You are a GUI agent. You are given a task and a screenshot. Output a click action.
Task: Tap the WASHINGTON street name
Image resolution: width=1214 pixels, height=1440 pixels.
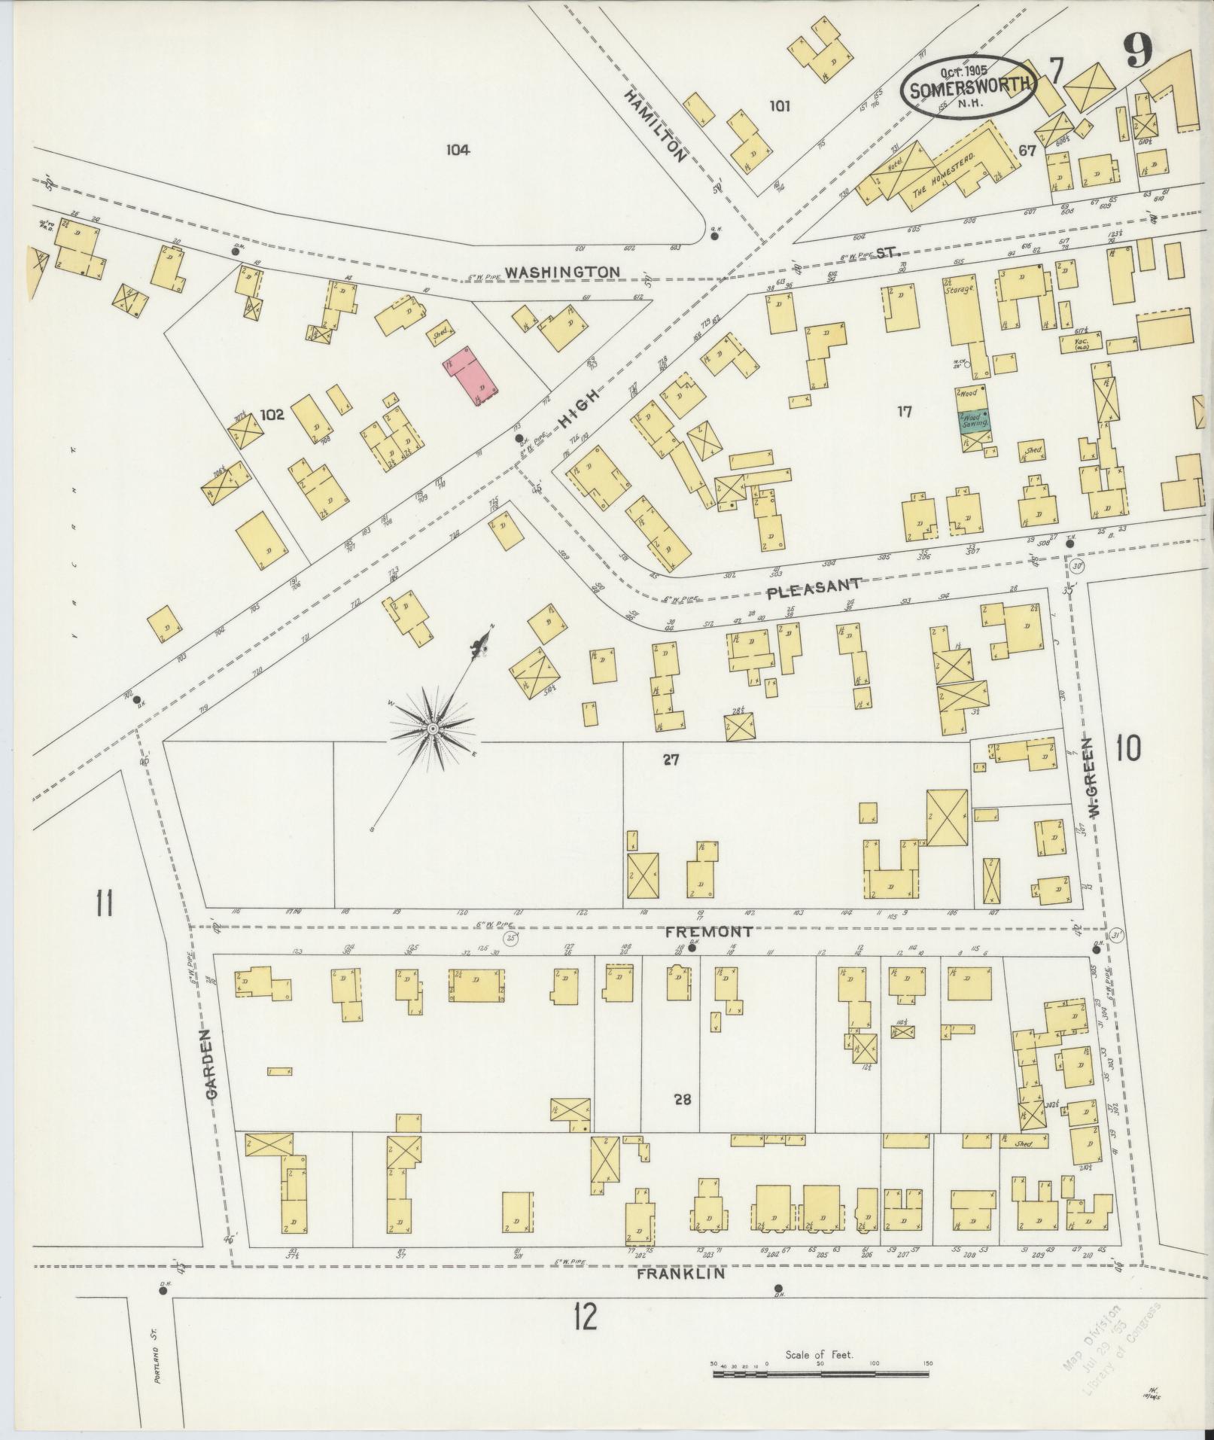[562, 272]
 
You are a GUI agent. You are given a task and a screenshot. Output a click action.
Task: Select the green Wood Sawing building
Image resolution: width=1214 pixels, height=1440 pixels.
[973, 420]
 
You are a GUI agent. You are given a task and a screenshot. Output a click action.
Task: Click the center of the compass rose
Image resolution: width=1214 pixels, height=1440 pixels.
[433, 729]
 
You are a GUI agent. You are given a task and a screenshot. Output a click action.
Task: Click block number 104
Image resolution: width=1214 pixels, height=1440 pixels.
[457, 150]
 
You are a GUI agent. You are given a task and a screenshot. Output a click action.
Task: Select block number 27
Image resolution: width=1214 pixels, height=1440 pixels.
[671, 760]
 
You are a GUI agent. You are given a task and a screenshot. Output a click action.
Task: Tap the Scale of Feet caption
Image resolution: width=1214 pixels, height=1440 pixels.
[819, 1354]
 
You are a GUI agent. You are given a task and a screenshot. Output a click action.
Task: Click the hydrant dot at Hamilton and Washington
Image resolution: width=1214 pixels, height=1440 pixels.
[714, 236]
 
